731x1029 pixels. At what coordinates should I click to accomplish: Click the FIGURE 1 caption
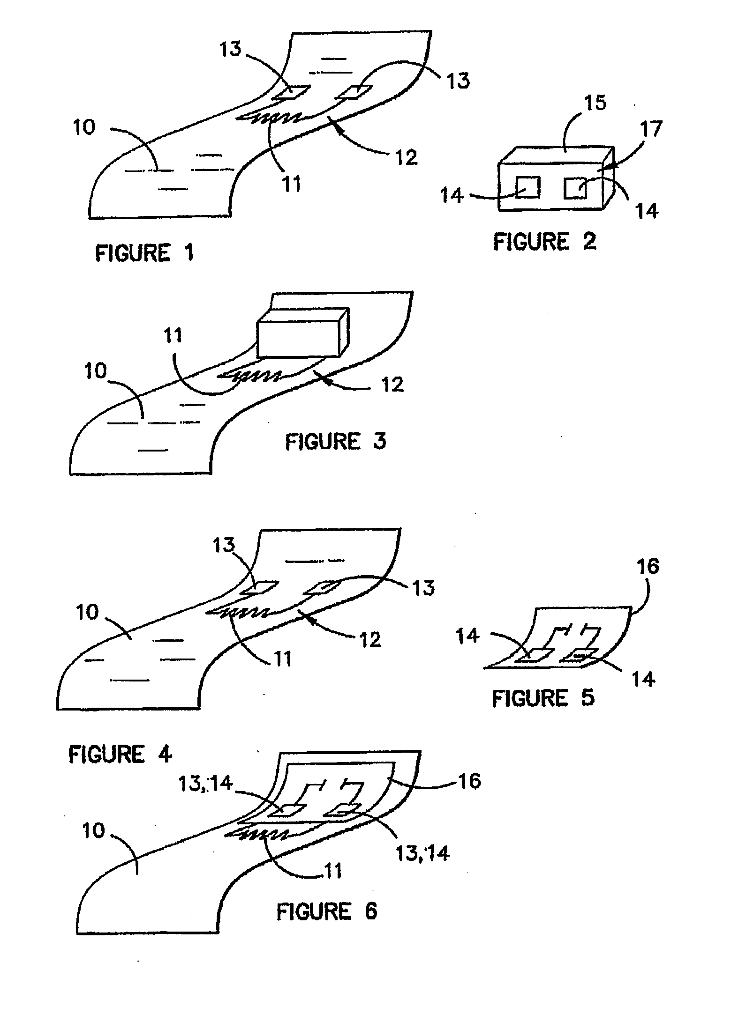(x=144, y=253)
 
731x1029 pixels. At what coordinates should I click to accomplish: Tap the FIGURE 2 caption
(x=545, y=242)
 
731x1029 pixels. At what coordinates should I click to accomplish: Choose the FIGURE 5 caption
(x=543, y=698)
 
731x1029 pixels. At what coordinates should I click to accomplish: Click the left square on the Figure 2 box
(x=528, y=187)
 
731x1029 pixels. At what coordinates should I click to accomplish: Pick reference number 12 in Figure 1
(x=406, y=157)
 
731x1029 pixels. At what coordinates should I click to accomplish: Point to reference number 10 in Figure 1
(x=84, y=127)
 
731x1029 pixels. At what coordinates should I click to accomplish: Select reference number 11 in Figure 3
(x=173, y=336)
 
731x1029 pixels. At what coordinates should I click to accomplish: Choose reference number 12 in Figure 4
(x=370, y=639)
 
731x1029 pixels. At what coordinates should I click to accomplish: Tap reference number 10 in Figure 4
(x=88, y=612)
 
